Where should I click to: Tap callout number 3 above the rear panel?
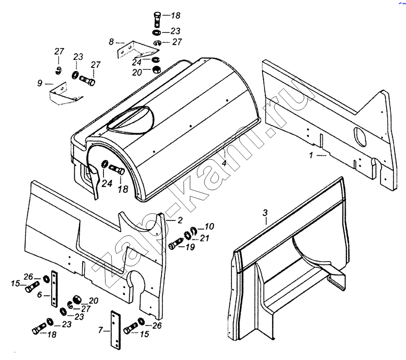[x=265, y=211]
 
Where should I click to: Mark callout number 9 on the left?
[x=40, y=83]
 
